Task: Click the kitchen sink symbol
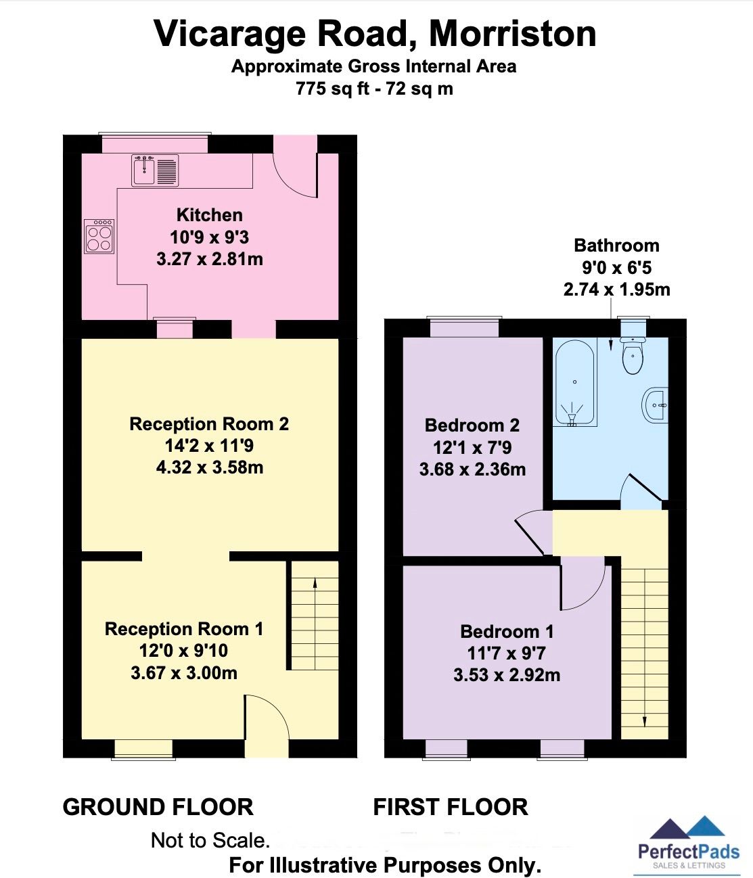pyautogui.click(x=156, y=170)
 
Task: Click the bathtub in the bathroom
pyautogui.click(x=574, y=384)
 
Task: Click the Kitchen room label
pyautogui.click(x=209, y=215)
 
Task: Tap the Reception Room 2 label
pyautogui.click(x=209, y=424)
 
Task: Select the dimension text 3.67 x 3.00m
pyautogui.click(x=184, y=673)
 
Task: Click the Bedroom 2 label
pyautogui.click(x=472, y=425)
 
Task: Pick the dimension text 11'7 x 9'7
pyautogui.click(x=507, y=653)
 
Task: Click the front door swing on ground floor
pyautogui.click(x=267, y=717)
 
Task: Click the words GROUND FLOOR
pyautogui.click(x=158, y=807)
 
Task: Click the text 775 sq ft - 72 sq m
pyautogui.click(x=374, y=89)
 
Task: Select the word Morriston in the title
pyautogui.click(x=513, y=34)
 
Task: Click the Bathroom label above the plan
pyautogui.click(x=616, y=246)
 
